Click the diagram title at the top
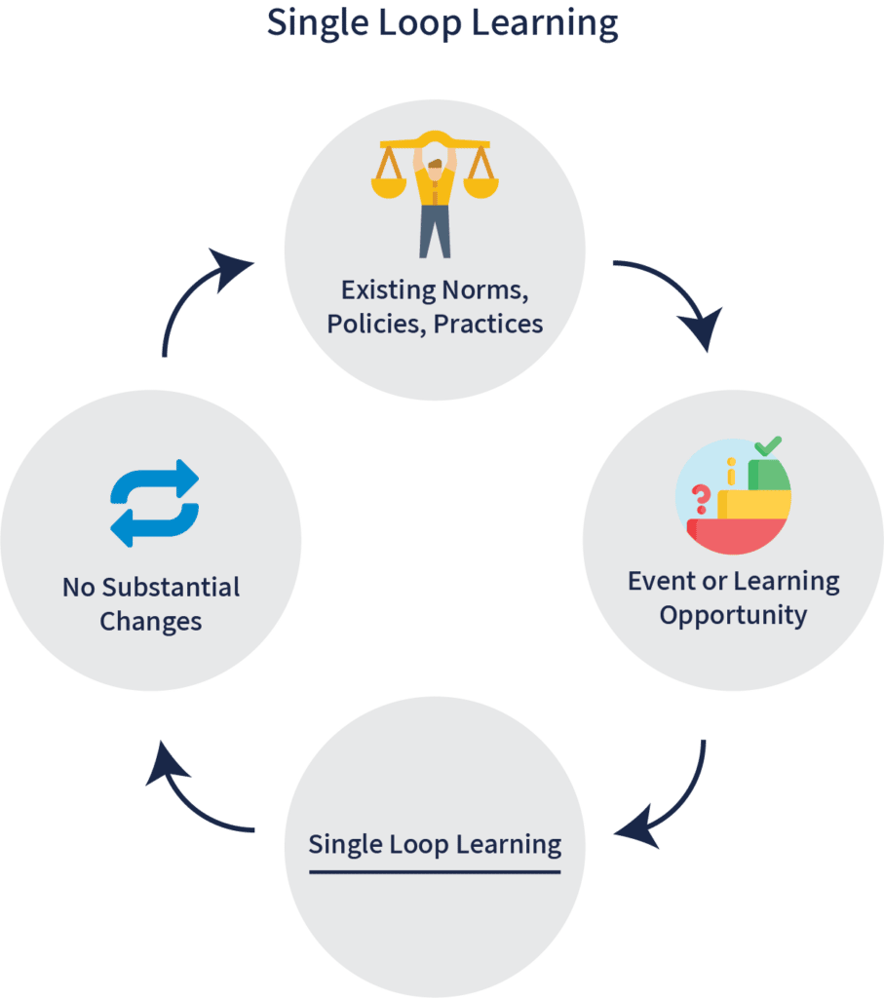click(442, 23)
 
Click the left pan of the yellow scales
click(389, 187)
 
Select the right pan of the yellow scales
click(480, 187)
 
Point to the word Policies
click(376, 325)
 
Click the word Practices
click(488, 325)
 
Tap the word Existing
click(388, 290)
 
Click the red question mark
click(701, 499)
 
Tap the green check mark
click(768, 445)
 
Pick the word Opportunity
click(733, 616)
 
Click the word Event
click(662, 581)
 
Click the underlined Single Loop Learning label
click(435, 845)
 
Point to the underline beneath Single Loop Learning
click(435, 871)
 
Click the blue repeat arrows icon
click(155, 503)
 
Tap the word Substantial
click(171, 588)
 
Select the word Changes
click(151, 622)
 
